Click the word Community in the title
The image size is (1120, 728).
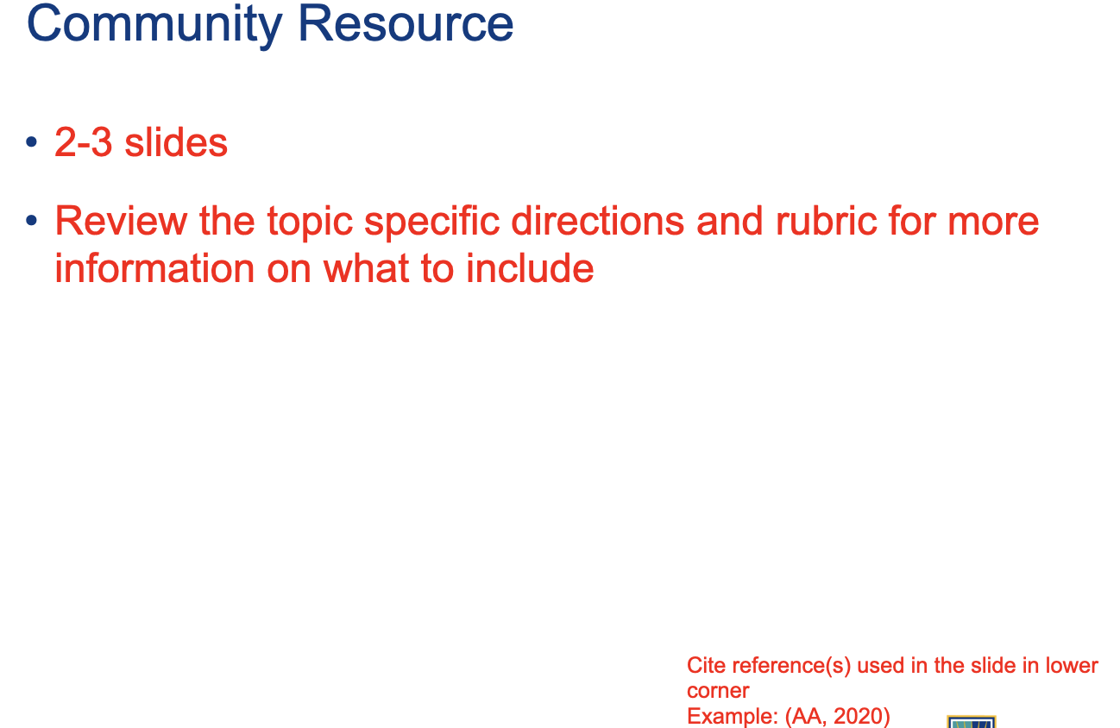coord(154,25)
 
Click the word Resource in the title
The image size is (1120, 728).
coord(406,24)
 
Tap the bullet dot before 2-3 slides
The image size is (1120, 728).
coord(32,142)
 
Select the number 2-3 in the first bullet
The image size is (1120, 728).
coord(84,142)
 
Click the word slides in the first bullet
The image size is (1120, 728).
coord(176,142)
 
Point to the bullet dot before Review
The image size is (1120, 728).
coord(32,220)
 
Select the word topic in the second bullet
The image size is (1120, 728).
coord(310,223)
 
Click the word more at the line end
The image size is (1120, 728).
coord(993,224)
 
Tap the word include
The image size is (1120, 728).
coord(530,267)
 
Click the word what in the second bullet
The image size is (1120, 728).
coord(367,267)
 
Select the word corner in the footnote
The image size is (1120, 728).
coord(718,692)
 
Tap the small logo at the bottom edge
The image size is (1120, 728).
coord(972,722)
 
